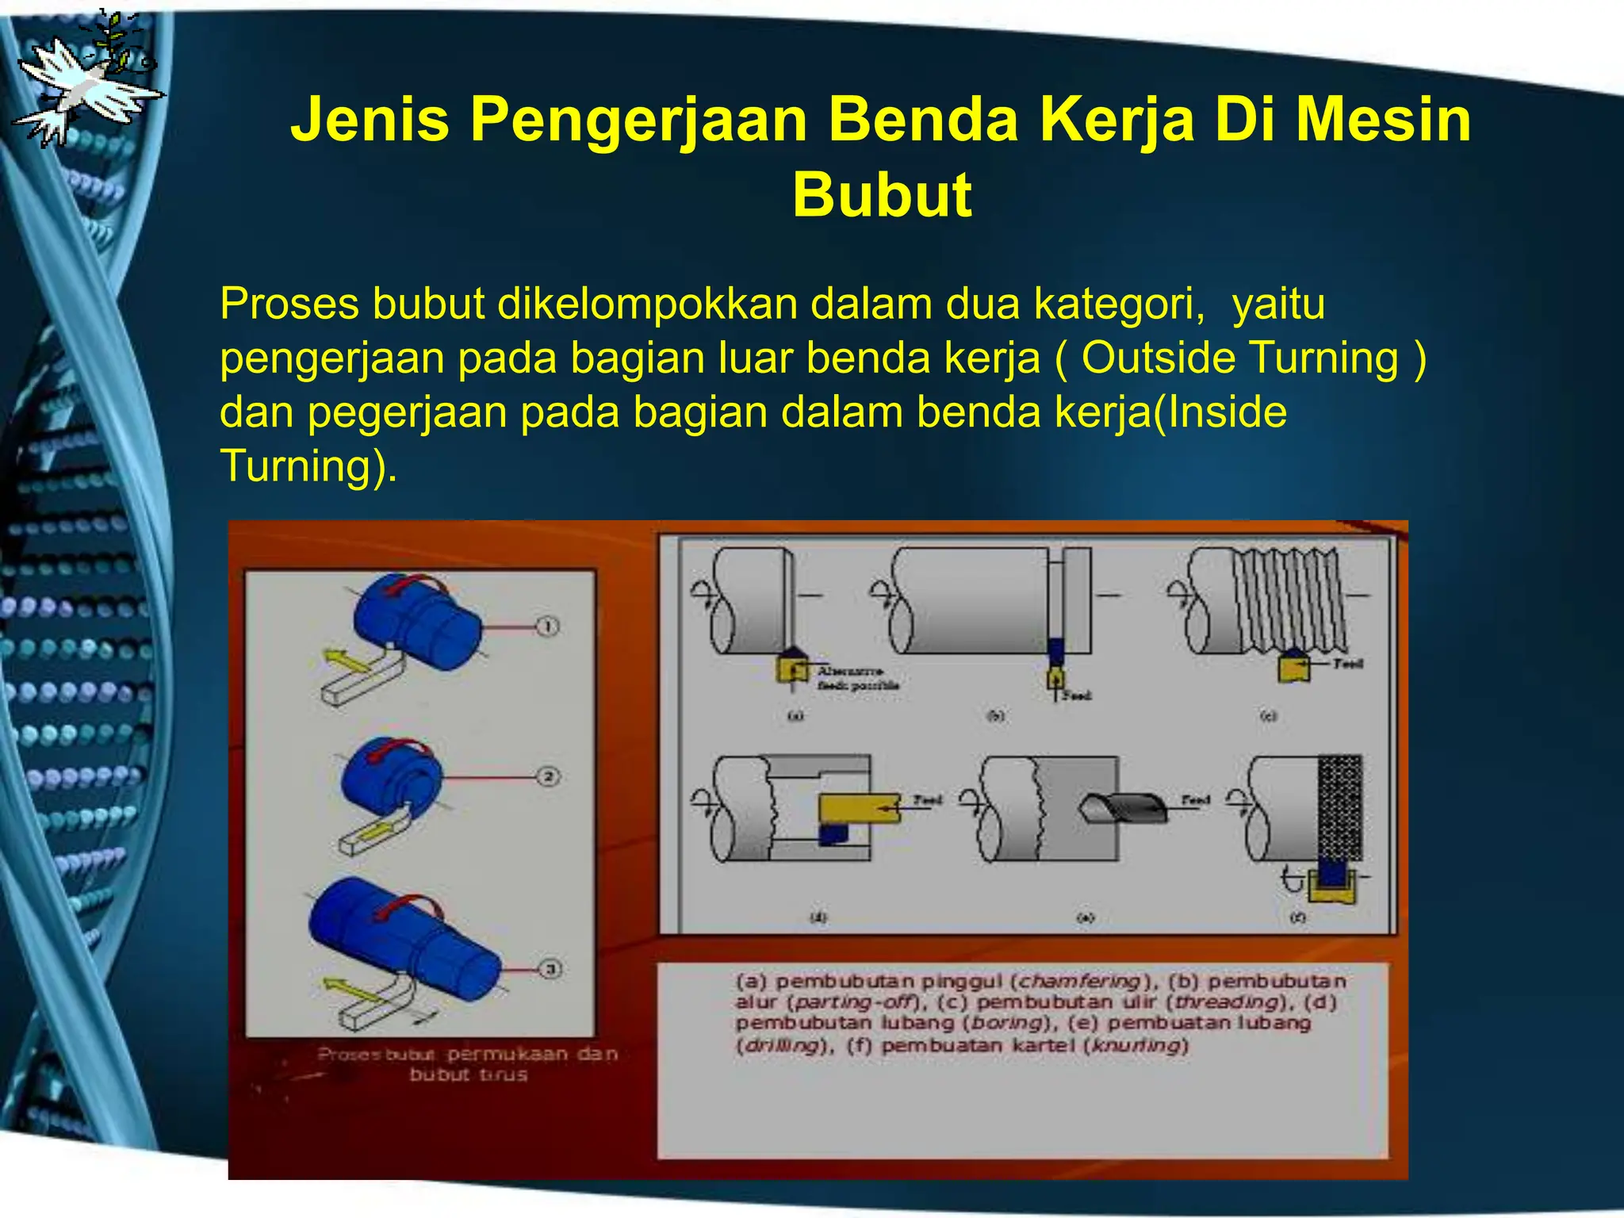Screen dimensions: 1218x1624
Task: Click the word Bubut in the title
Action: [x=882, y=195]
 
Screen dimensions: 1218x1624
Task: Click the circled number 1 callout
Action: [x=548, y=626]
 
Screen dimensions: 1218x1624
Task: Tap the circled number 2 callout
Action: [x=548, y=776]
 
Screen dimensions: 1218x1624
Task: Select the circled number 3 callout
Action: [x=550, y=969]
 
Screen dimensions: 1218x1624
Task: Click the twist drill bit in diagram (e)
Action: [x=1124, y=807]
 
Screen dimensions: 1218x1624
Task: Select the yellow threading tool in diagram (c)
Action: [x=1293, y=666]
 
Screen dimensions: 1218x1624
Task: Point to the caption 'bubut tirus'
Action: [x=468, y=1075]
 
